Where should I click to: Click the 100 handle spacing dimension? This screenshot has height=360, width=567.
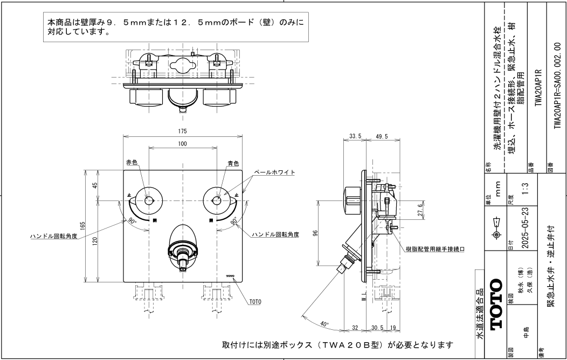pos(183,143)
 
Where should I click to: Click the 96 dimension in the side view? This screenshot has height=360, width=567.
pos(316,234)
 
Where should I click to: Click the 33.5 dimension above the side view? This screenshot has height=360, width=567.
pos(355,137)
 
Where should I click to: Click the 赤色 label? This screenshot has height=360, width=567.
pos(133,162)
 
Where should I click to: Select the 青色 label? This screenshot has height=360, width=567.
pos(233,162)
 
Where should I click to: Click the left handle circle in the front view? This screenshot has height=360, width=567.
pos(148,200)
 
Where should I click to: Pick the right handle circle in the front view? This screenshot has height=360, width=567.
pos(217,200)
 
